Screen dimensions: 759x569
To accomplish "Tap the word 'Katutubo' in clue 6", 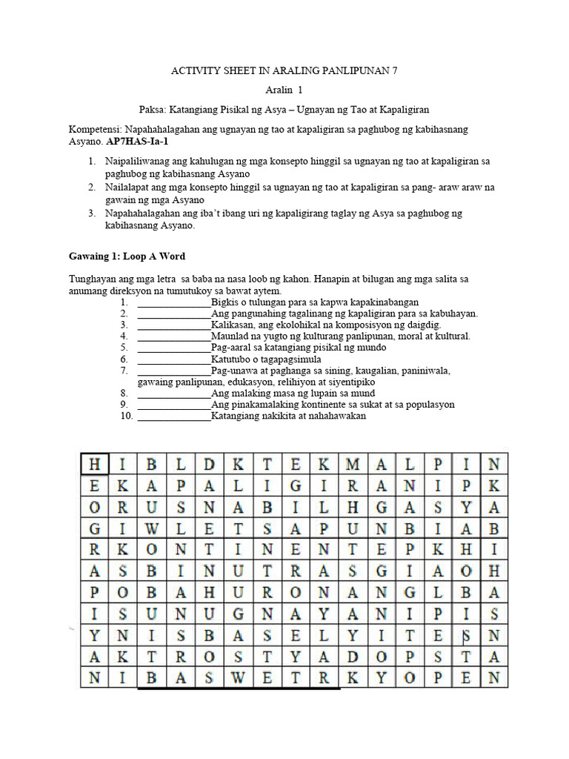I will [230, 359].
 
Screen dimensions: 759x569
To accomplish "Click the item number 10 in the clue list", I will [125, 416].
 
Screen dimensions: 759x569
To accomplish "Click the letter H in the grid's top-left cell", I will [95, 465].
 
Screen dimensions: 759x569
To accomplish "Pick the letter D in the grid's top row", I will [210, 465].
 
